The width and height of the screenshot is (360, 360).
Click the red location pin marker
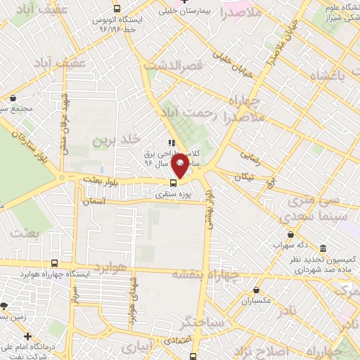[x=180, y=165]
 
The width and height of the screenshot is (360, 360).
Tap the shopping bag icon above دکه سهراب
[x=290, y=234]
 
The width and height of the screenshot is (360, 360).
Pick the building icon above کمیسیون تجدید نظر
[x=323, y=249]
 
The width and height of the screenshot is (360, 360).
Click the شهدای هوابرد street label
[x=131, y=302]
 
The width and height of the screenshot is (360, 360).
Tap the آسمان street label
[x=92, y=202]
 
